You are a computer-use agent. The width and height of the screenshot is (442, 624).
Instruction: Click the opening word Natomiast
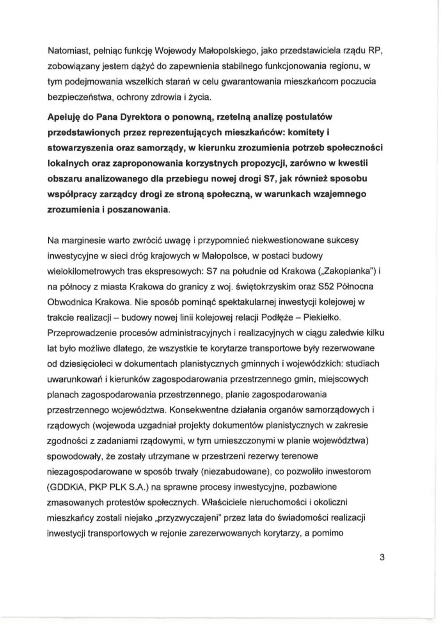coord(64,51)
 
